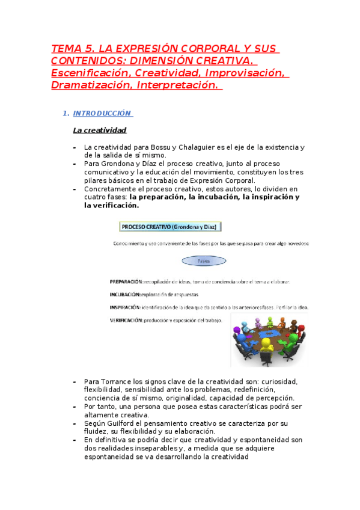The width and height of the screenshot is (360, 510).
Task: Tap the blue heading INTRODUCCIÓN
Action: pyautogui.click(x=102, y=113)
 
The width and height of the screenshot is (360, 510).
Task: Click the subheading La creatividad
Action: pyautogui.click(x=99, y=130)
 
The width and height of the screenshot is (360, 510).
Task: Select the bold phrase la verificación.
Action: pyautogui.click(x=111, y=205)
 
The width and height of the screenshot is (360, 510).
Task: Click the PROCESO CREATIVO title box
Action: pyautogui.click(x=171, y=227)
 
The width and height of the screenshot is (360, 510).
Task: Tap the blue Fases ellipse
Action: pyautogui.click(x=204, y=261)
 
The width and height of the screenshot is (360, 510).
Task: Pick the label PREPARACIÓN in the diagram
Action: pyautogui.click(x=126, y=281)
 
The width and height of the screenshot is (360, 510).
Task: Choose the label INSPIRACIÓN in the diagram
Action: pyautogui.click(x=125, y=307)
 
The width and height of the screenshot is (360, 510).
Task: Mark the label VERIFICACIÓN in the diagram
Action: pyautogui.click(x=126, y=321)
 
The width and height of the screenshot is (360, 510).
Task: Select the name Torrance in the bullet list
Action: pyautogui.click(x=117, y=381)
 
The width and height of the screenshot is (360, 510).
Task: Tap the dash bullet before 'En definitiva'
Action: pyautogui.click(x=74, y=440)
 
